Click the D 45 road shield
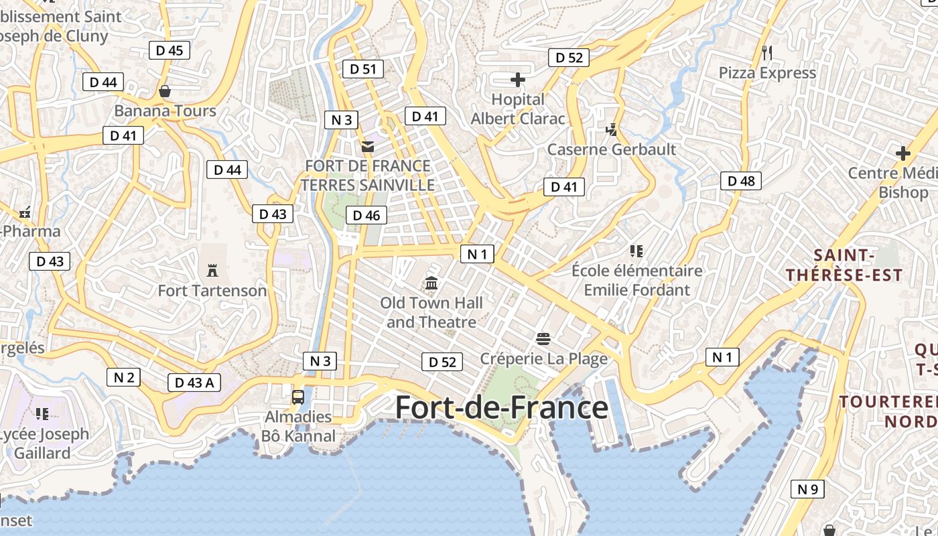170,50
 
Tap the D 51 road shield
363,68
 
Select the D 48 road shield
741,180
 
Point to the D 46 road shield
366,215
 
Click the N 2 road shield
124,377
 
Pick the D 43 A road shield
194,383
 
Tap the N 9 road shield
808,489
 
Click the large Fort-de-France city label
501,407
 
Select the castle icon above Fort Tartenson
212,271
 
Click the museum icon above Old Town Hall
431,283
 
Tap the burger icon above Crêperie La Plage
543,338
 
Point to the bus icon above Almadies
298,397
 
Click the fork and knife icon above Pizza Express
767,52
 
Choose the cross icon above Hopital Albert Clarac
518,80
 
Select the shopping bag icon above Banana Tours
165,90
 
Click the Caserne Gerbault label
612,149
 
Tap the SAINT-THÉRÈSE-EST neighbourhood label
844,265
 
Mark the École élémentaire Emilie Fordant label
636,280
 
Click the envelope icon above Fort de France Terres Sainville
367,146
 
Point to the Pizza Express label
767,72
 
